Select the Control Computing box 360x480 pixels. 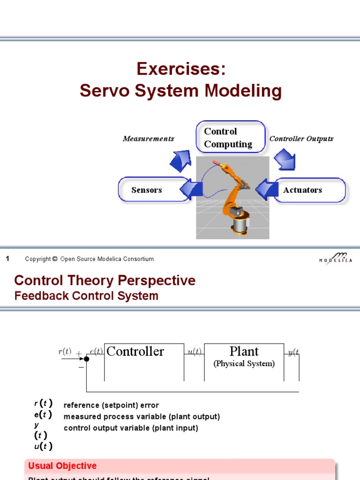click(x=230, y=137)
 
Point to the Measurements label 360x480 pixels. click(x=148, y=139)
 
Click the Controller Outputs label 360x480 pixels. click(x=301, y=139)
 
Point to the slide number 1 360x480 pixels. click(x=7, y=259)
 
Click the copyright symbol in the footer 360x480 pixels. click(x=54, y=259)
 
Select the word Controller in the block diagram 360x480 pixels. click(x=135, y=352)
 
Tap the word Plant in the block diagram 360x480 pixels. click(x=244, y=352)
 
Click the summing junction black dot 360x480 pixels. click(x=86, y=360)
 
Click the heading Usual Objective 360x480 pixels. click(x=62, y=465)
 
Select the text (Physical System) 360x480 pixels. click(x=244, y=364)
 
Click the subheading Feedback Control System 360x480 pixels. click(x=86, y=296)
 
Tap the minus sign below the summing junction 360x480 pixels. click(x=81, y=368)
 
